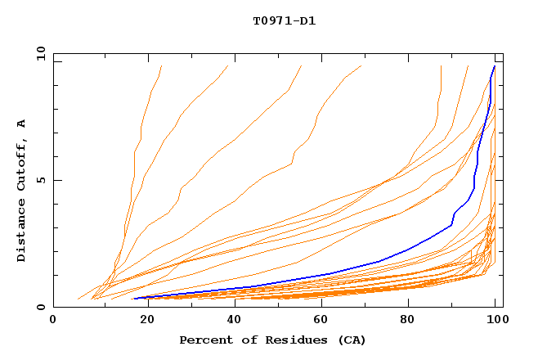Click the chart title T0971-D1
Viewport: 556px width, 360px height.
pos(284,20)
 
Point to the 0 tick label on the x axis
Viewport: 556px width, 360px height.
pos(53,320)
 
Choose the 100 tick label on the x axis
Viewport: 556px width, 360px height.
pos(495,320)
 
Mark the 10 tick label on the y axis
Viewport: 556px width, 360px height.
pos(40,53)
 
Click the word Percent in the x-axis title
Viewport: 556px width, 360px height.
pos(204,340)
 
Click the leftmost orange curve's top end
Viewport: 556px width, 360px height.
pos(162,66)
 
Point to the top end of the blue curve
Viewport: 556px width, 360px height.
pos(494,66)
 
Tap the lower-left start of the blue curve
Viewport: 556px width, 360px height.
pos(134,299)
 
